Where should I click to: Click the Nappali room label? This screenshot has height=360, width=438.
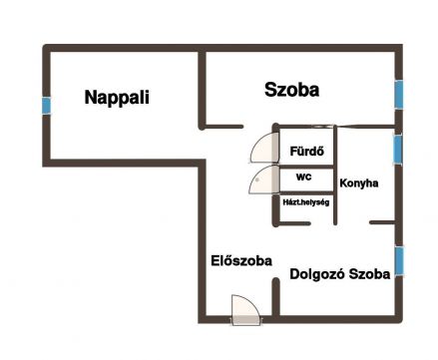(x=117, y=98)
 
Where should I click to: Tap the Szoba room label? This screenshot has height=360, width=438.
(x=291, y=90)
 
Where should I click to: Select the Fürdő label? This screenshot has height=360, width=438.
(x=307, y=152)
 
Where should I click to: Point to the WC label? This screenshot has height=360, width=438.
(x=304, y=178)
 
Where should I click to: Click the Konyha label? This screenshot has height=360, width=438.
(x=359, y=183)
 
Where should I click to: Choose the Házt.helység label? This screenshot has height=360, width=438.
(x=306, y=202)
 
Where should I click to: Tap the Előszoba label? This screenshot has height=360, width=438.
(x=241, y=261)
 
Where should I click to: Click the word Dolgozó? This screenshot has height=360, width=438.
(x=317, y=274)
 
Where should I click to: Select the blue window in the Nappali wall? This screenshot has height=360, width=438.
(x=47, y=106)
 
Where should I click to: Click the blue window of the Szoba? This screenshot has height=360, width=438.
(x=399, y=95)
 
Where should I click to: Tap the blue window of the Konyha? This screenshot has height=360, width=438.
(x=397, y=150)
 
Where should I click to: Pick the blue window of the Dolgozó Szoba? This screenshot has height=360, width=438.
(x=399, y=261)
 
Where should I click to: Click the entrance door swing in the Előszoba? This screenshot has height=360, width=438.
(x=245, y=310)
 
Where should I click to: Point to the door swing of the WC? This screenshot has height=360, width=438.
(x=264, y=180)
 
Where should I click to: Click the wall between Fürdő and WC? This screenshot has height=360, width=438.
(x=306, y=167)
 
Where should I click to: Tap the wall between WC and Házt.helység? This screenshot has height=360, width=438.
(x=306, y=193)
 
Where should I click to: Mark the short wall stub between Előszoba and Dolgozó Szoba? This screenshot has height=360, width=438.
(x=275, y=296)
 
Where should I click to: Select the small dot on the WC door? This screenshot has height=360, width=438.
(x=257, y=180)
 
